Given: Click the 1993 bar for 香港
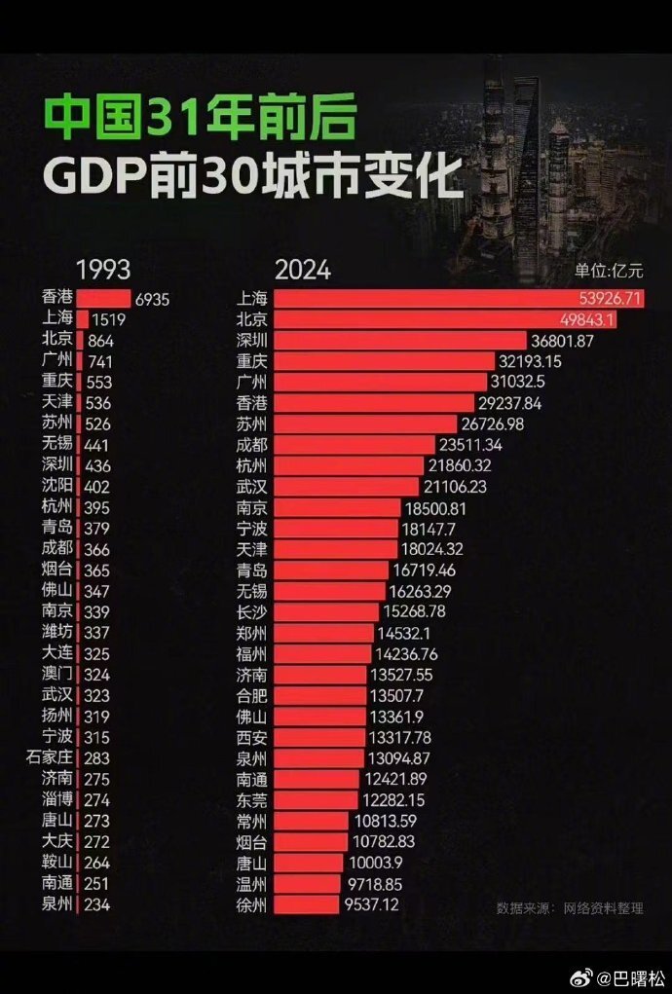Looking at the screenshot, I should (102, 299).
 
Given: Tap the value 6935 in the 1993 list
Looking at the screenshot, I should (151, 300).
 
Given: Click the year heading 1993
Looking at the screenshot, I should (103, 270).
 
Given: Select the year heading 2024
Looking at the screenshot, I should (302, 270).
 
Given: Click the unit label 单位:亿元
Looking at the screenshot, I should (609, 273).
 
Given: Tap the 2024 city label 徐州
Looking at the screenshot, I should (252, 905).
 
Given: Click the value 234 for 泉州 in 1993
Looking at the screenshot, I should (99, 903).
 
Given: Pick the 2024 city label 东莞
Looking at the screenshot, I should (252, 798).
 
